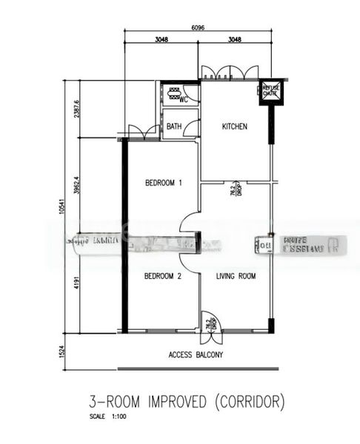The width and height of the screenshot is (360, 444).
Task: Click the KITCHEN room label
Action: click(235, 127)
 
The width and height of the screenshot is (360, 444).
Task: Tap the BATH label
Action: click(174, 127)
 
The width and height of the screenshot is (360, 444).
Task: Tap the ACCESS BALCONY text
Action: click(196, 354)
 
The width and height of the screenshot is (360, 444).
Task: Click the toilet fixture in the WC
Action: click(175, 93)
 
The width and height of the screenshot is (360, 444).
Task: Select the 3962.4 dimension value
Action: click(76, 185)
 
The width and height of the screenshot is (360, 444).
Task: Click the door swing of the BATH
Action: click(192, 128)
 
